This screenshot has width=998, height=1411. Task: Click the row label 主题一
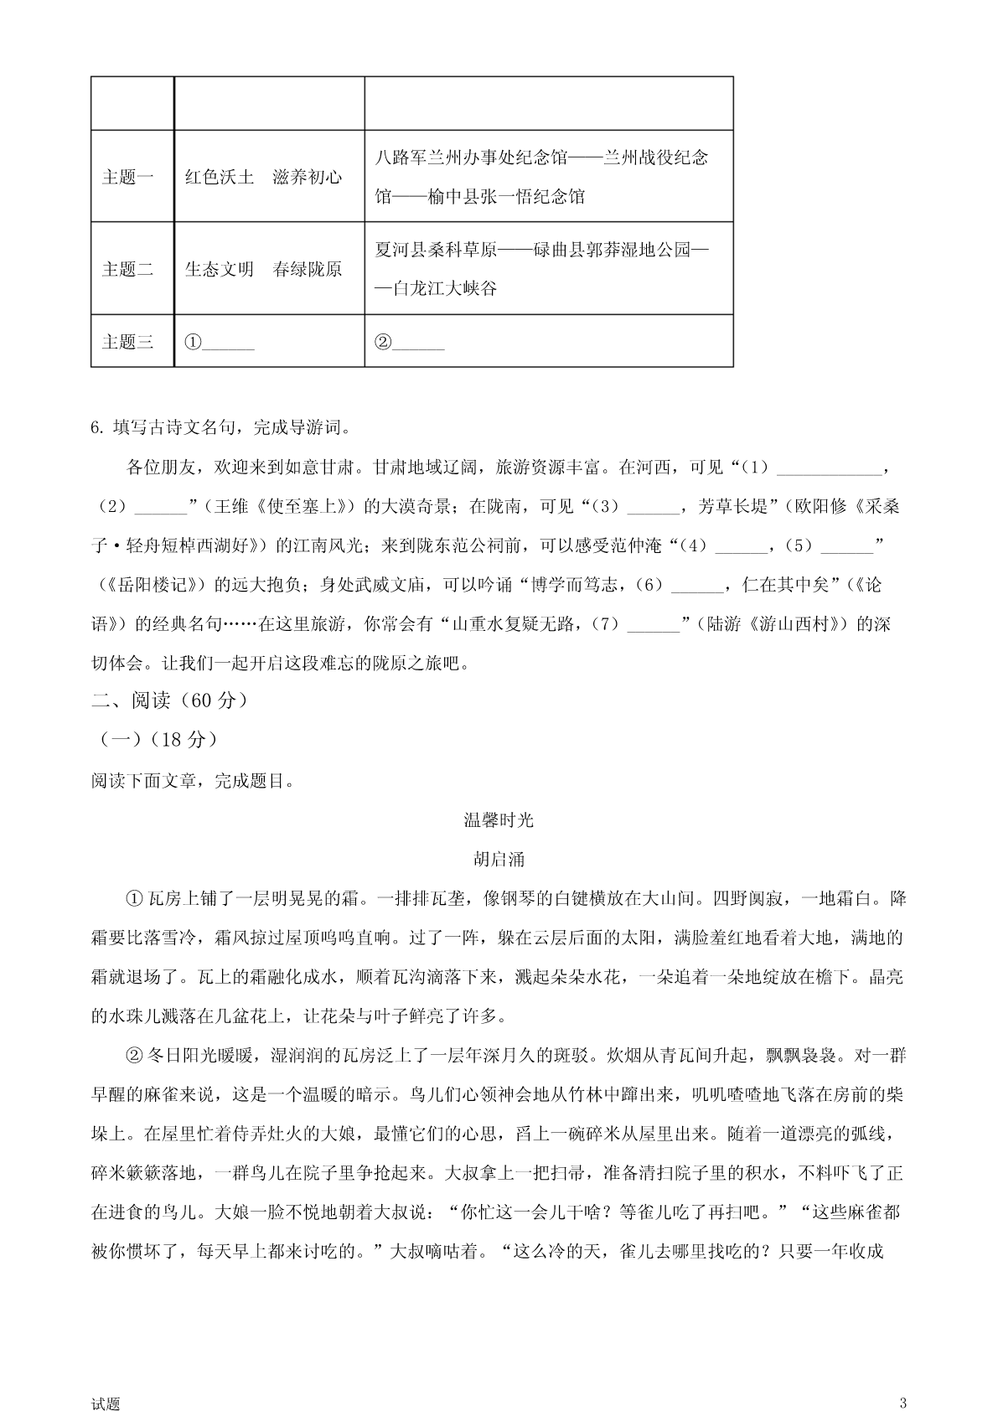tap(127, 178)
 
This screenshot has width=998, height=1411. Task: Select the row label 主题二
tap(127, 270)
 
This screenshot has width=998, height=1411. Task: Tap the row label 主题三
tap(127, 342)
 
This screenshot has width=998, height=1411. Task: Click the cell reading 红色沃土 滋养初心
tap(263, 178)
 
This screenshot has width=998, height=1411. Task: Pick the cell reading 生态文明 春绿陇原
tap(263, 270)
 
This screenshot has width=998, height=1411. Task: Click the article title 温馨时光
tap(499, 820)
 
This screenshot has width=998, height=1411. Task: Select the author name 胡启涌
tap(499, 859)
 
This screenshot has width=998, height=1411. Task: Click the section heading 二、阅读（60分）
tap(169, 700)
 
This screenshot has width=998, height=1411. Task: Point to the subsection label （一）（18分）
tap(158, 740)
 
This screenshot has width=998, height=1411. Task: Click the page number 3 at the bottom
tap(902, 1379)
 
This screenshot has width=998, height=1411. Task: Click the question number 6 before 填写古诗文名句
tap(95, 428)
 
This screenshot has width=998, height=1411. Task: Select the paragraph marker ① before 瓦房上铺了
tap(134, 899)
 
